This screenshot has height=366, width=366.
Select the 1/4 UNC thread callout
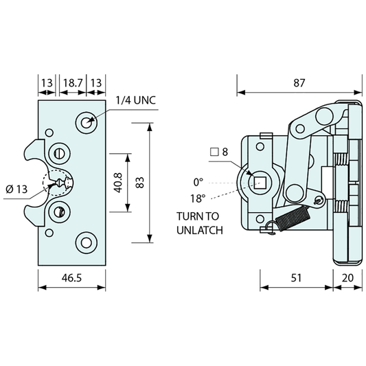[x=135, y=100]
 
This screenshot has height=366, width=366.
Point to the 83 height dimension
[x=139, y=183]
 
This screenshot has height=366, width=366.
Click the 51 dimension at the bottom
[x=295, y=279]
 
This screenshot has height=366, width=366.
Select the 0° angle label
[x=198, y=182]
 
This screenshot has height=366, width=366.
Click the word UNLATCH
[x=199, y=231]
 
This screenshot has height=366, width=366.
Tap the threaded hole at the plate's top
[x=86, y=122]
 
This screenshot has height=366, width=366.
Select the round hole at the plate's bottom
[x=86, y=240]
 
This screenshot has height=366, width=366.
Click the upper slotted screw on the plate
[x=60, y=152]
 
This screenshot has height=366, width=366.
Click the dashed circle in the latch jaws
[x=58, y=183]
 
